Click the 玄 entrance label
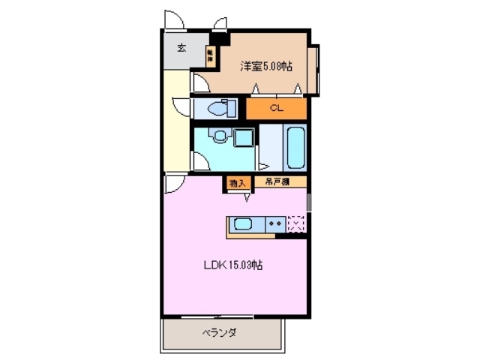click(181, 49)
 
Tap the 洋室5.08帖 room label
click(266, 66)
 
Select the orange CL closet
click(277, 109)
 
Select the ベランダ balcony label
click(220, 332)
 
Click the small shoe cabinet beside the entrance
click(210, 53)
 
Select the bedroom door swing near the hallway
click(199, 82)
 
